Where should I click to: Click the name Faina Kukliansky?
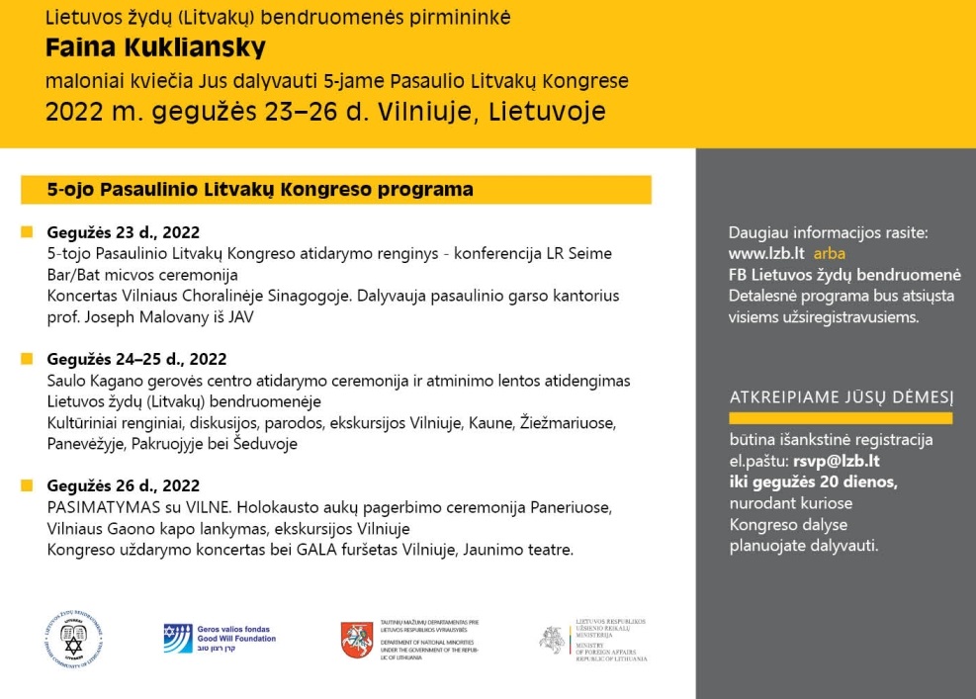[155, 48]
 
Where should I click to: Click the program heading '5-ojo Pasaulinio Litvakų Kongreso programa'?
[261, 189]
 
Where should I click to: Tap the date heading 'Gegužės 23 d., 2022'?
[124, 233]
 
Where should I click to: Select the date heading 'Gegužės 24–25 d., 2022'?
[136, 359]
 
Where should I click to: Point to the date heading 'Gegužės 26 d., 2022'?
[124, 485]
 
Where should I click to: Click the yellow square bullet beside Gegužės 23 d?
[27, 233]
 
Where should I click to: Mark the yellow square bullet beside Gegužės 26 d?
[27, 485]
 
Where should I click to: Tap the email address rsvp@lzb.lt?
[837, 461]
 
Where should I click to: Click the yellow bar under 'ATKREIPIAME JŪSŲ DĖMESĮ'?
[841, 418]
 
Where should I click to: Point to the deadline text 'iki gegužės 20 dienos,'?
[813, 481]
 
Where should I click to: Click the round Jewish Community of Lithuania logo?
[75, 639]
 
